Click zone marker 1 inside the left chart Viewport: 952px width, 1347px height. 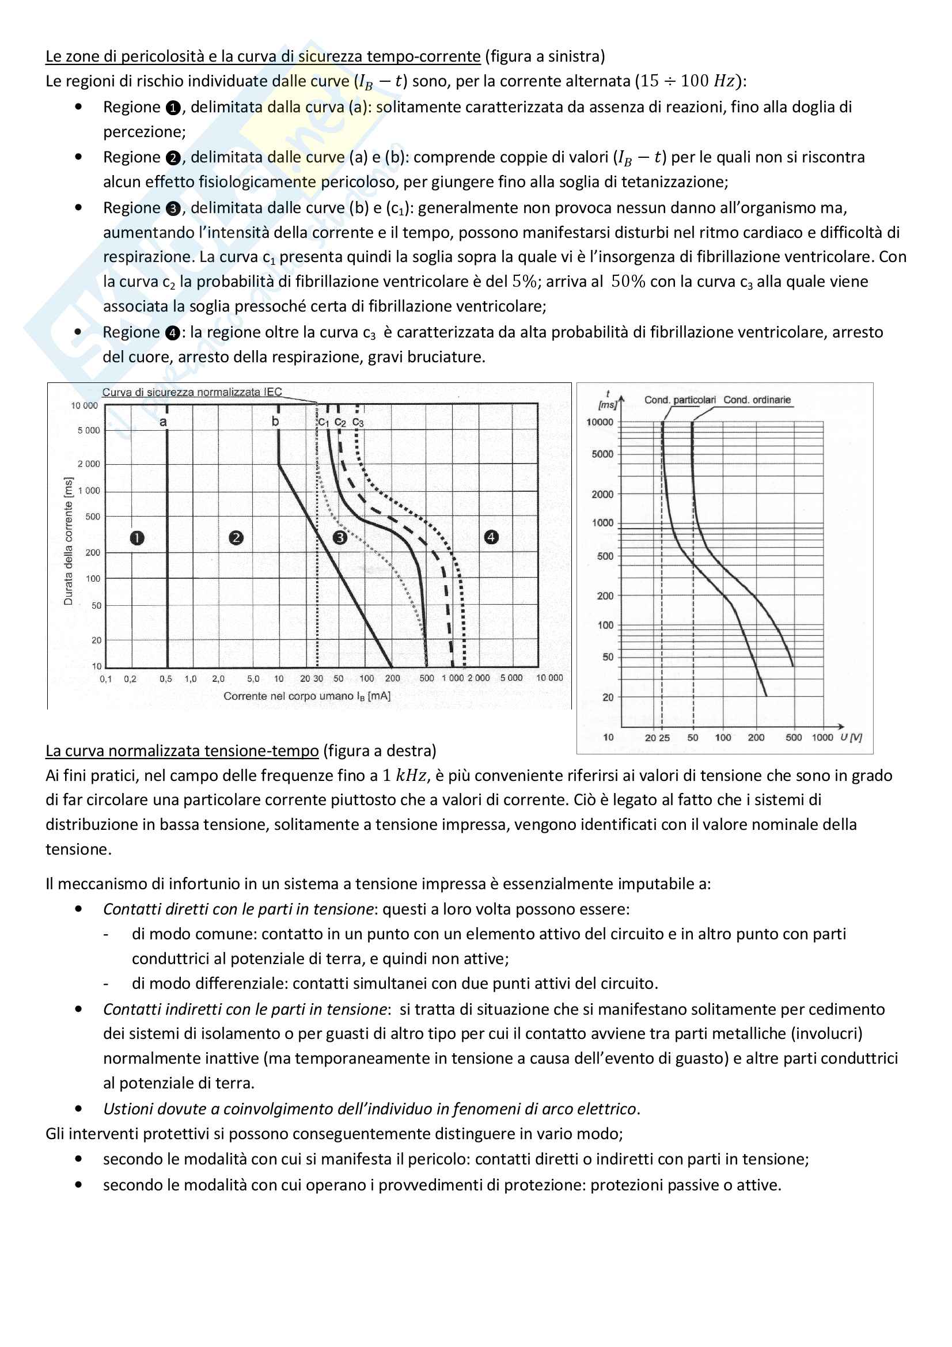point(137,537)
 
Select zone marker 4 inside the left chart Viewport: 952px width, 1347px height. point(491,536)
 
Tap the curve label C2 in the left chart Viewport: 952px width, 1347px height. point(340,422)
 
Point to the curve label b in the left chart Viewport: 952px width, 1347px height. point(275,420)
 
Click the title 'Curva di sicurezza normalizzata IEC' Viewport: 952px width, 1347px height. point(192,392)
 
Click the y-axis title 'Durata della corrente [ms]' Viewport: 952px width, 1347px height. point(69,541)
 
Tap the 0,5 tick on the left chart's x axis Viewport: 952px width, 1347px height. point(166,679)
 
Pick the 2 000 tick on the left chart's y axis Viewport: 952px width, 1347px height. point(89,464)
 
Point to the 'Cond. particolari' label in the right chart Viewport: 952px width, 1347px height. point(680,400)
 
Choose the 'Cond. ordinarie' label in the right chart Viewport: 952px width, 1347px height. point(757,400)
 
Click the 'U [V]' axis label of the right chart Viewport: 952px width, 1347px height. point(851,737)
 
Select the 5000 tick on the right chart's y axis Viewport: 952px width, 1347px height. point(602,454)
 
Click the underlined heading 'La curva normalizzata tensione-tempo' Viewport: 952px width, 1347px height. point(183,751)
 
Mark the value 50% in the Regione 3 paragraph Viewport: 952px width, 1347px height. point(628,282)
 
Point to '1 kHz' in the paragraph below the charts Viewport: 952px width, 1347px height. point(404,776)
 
